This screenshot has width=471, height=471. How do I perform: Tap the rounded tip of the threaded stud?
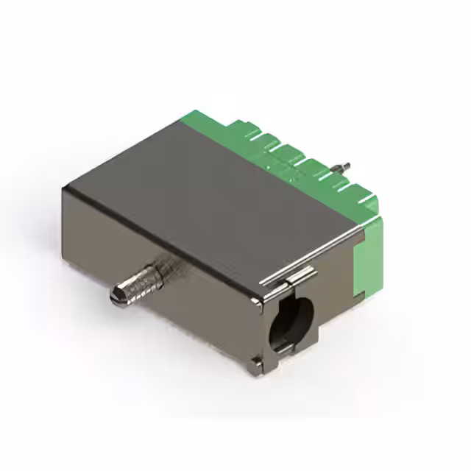pyautogui.click(x=116, y=296)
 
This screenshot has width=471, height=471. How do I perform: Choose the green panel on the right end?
pyautogui.click(x=368, y=261)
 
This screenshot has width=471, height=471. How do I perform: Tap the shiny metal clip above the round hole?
pyautogui.click(x=294, y=277)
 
